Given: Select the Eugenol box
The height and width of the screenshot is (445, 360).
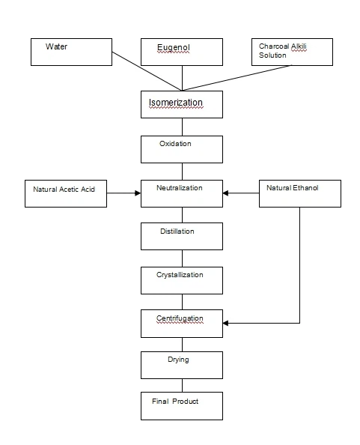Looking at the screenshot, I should (182, 51).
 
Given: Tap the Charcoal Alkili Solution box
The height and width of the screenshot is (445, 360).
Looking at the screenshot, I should (290, 51).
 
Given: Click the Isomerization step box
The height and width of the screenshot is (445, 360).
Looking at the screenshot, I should (182, 104).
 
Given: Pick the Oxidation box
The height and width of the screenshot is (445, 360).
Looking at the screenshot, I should (182, 148).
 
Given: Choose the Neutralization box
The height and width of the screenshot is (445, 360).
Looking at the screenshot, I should (182, 193).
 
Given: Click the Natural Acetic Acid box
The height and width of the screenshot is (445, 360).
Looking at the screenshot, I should (64, 193).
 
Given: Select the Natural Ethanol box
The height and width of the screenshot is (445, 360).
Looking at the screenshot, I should (300, 193).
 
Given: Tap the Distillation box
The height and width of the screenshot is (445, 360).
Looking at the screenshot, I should (182, 236).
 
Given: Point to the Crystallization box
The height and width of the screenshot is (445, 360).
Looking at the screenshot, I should (182, 279).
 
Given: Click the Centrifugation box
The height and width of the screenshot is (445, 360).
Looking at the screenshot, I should (182, 323).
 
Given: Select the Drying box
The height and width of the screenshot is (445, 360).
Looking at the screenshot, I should (182, 365).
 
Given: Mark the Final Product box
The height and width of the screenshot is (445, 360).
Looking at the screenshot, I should (182, 405).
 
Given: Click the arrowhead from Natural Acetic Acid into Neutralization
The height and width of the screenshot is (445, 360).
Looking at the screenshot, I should (137, 193).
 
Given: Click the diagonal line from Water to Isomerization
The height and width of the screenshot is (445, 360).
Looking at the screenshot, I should (147, 70).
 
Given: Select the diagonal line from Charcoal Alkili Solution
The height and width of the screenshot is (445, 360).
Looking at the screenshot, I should (236, 77).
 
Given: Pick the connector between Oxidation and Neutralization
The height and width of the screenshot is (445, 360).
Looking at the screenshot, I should (182, 170).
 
